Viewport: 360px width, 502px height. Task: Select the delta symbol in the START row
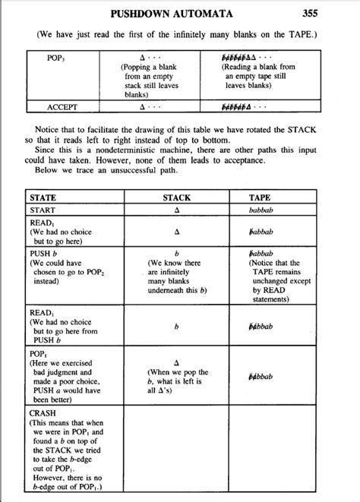point(176,210)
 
